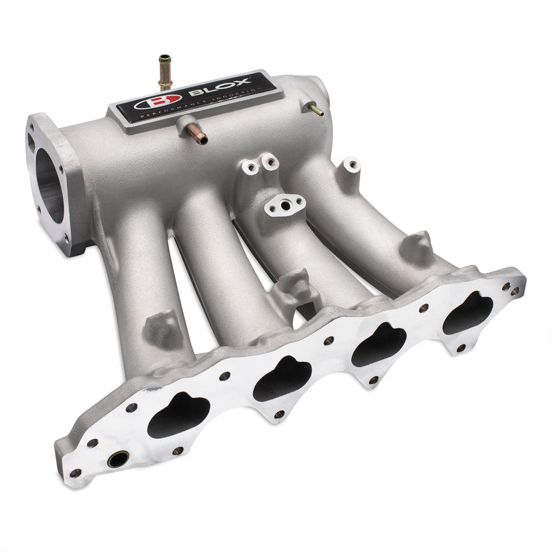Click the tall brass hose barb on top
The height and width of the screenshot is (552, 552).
162,70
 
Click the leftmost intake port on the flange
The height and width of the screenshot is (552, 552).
178,416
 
